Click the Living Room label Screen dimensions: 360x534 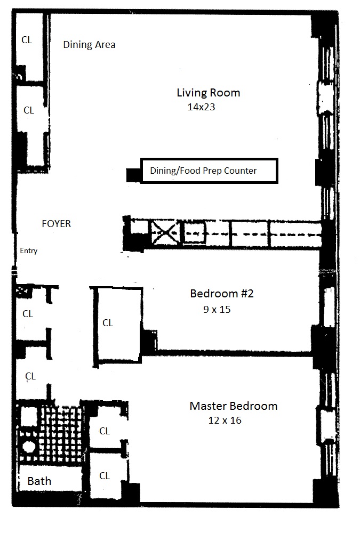(x=209, y=93)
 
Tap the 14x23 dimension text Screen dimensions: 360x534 (x=201, y=107)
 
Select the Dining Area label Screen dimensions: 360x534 (x=89, y=45)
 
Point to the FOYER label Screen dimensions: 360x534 (x=56, y=224)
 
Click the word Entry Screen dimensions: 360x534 (x=29, y=250)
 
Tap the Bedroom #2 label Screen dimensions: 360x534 (x=222, y=294)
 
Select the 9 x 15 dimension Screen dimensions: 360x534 (x=217, y=310)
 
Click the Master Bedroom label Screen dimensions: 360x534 (x=234, y=406)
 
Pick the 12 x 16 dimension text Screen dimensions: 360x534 (x=225, y=420)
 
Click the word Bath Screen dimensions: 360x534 (x=39, y=481)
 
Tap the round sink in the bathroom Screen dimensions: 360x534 (x=29, y=447)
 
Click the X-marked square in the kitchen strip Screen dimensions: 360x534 (x=165, y=233)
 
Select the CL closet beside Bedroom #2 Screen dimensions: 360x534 (x=108, y=323)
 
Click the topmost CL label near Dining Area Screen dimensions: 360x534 (x=27, y=40)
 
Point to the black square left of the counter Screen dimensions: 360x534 (x=133, y=175)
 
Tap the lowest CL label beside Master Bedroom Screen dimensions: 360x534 (x=105, y=476)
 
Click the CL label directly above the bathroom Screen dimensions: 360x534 (x=30, y=376)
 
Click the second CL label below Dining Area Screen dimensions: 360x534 (x=29, y=110)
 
